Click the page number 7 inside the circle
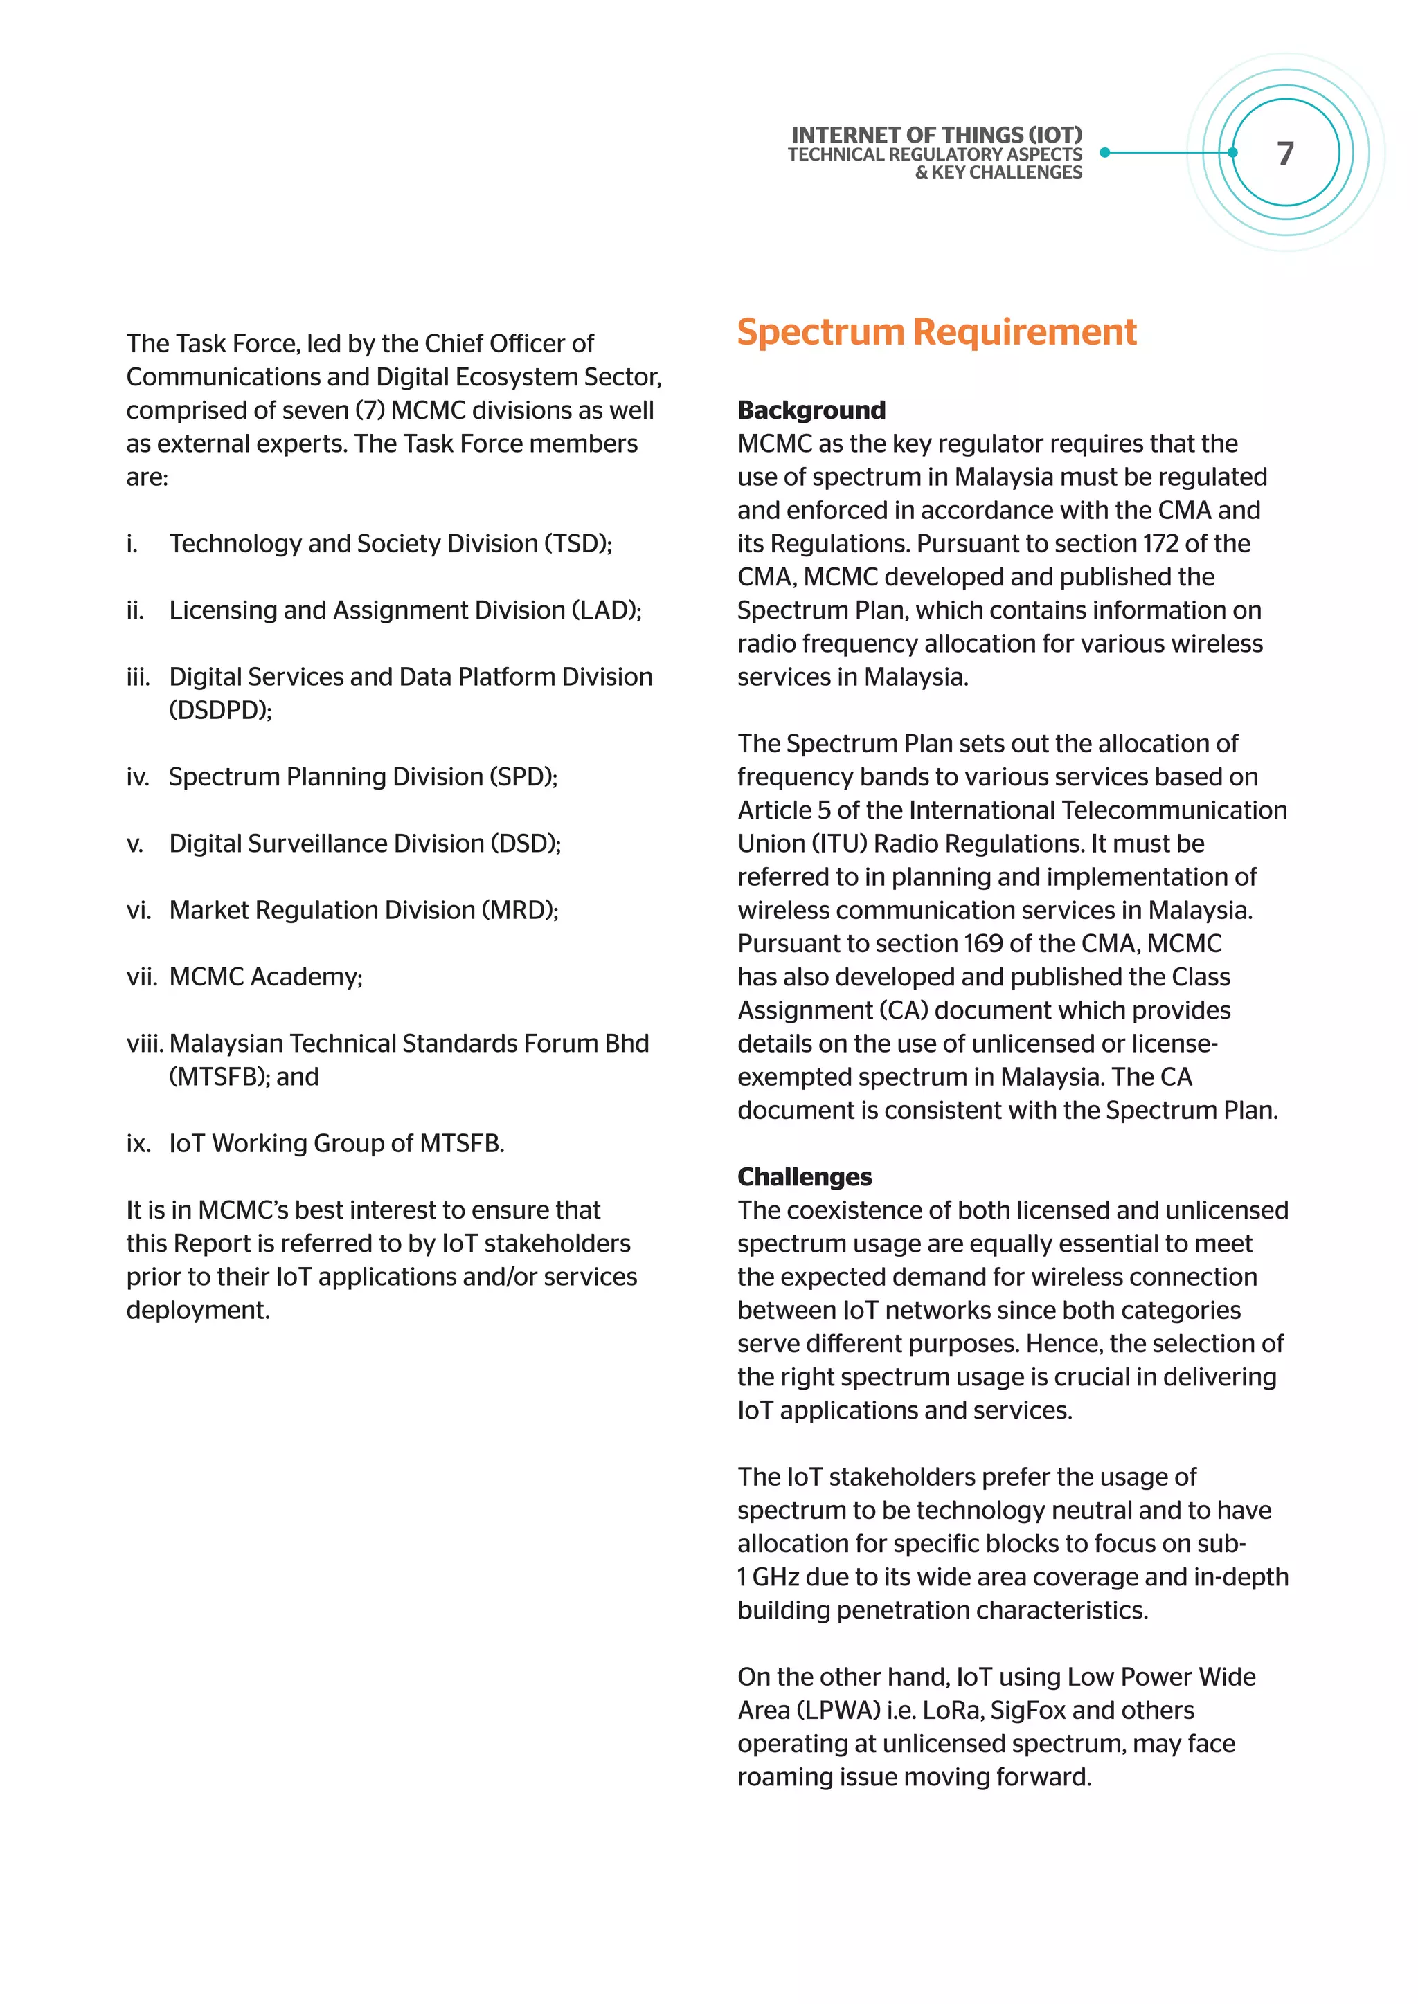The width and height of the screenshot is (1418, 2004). click(1285, 154)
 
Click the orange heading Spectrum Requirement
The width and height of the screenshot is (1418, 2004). click(936, 333)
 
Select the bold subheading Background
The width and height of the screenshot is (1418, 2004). click(811, 410)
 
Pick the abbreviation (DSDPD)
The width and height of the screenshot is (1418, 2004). click(219, 711)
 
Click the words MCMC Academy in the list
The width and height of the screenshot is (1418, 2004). click(264, 976)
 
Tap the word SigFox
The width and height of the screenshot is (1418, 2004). click(1027, 1710)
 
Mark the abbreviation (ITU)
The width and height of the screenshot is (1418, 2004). click(838, 844)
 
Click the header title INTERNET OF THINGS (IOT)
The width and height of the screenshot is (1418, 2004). click(936, 136)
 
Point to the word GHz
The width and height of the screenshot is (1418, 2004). click(775, 1577)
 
